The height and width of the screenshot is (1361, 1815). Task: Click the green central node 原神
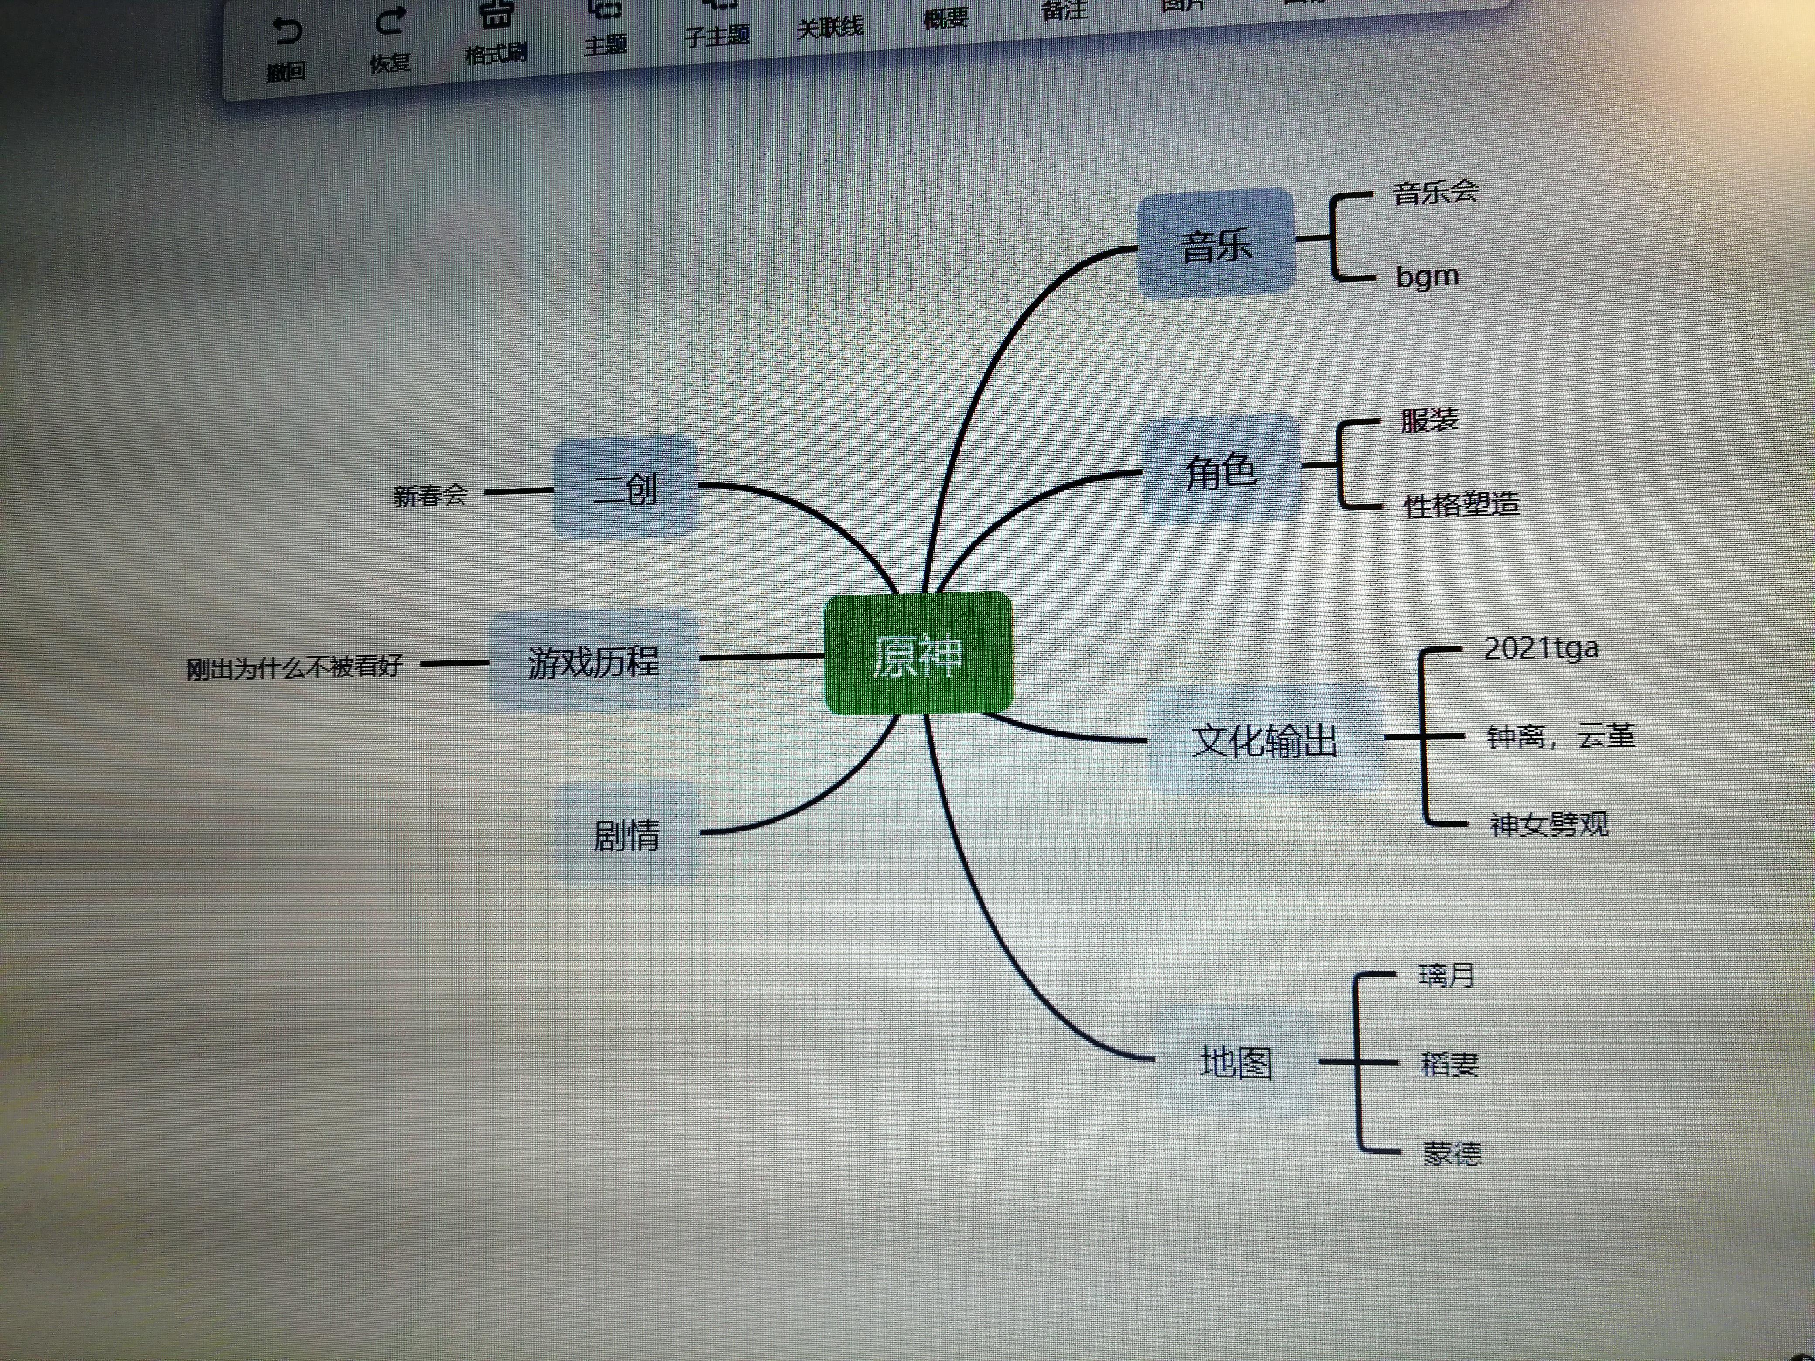tap(918, 654)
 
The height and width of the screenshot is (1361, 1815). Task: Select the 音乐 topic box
tap(1216, 244)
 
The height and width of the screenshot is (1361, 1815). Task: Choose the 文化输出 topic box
tap(1264, 740)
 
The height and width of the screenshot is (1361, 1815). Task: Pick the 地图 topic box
tap(1236, 1062)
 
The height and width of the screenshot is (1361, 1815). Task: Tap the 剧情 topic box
tap(626, 834)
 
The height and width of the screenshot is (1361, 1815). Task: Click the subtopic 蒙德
tap(1452, 1153)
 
